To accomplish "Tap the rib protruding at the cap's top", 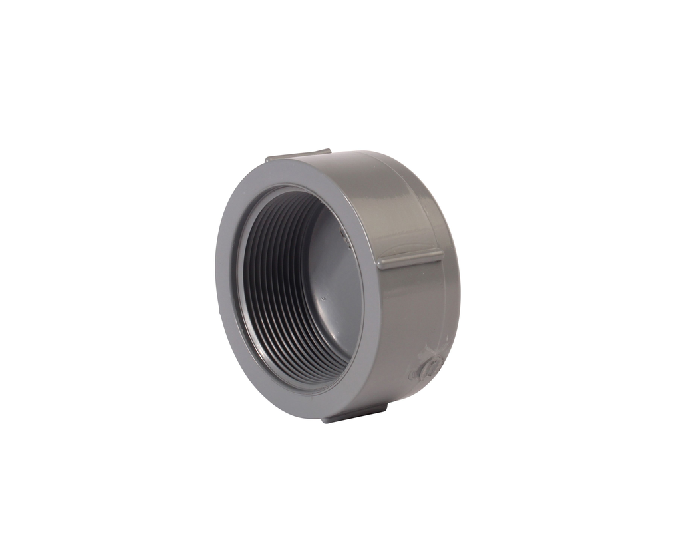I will (x=299, y=156).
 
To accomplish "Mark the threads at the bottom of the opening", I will (x=313, y=373).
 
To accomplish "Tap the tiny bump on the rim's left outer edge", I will (x=219, y=309).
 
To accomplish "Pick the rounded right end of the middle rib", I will (x=440, y=254).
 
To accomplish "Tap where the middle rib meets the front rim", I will (x=380, y=264).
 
